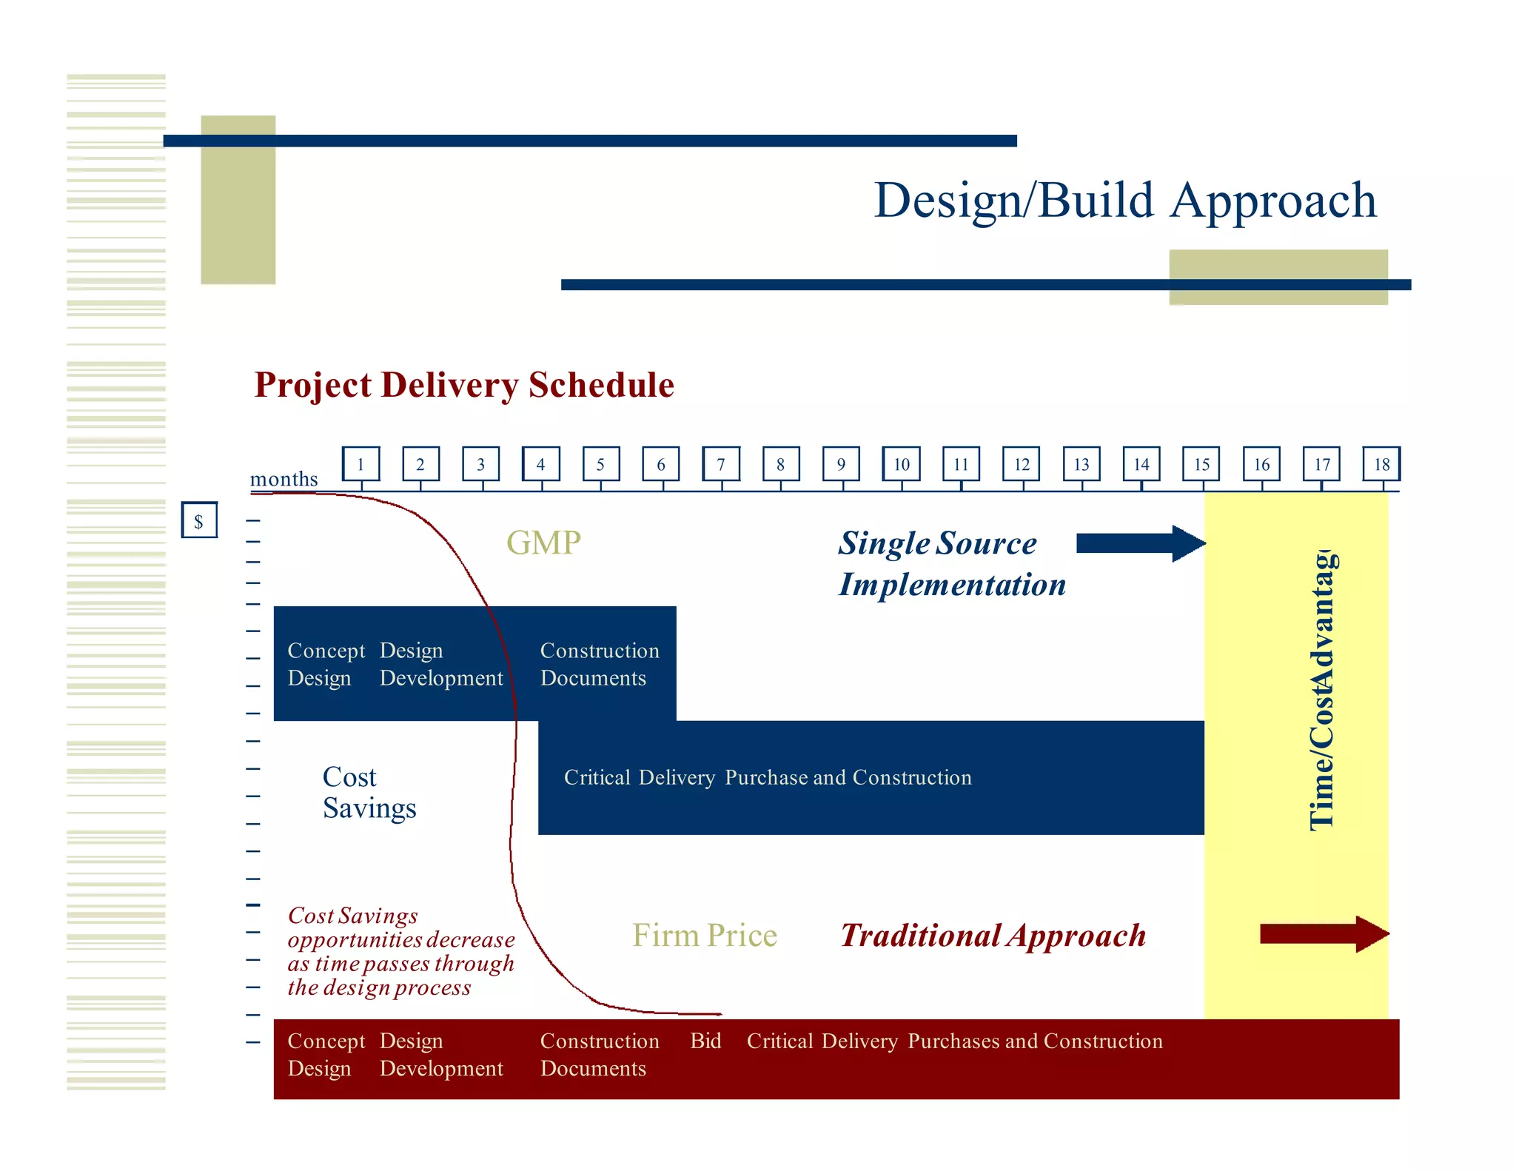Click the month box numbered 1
360,464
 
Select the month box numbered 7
721,464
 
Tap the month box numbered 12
1022,464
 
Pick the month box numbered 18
1382,464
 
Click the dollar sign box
199,520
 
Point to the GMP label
543,543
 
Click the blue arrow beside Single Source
1140,543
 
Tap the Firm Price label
704,936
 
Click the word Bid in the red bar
705,1041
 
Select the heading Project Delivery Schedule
464,385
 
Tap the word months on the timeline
284,480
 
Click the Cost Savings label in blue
369,793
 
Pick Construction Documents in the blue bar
599,664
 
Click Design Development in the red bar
441,1055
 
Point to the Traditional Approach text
993,936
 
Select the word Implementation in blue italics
952,585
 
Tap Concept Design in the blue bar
326,664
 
